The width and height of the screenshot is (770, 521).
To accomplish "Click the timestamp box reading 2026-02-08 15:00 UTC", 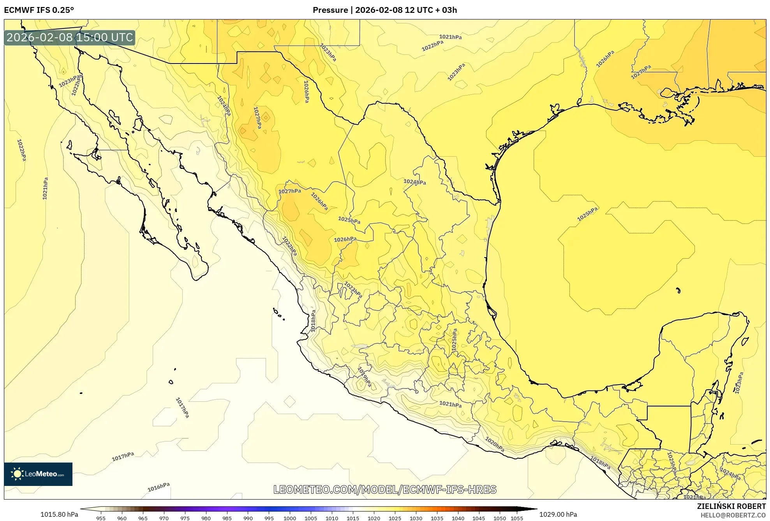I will click(x=70, y=37).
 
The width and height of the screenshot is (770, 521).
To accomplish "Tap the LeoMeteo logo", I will click(x=38, y=474).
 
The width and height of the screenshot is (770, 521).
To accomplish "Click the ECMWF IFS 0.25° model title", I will click(x=39, y=10).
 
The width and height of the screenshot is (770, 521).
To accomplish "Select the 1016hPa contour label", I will click(x=159, y=487).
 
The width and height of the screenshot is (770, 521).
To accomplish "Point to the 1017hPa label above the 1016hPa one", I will click(x=123, y=456).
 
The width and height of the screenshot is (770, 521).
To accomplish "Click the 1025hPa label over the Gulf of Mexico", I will click(x=587, y=214).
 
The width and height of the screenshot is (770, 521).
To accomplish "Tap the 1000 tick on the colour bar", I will click(x=290, y=518).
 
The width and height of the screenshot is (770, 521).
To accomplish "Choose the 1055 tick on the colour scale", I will click(x=517, y=518).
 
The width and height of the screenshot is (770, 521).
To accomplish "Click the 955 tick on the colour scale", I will click(x=101, y=518).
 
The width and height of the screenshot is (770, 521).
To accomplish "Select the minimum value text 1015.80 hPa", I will click(x=59, y=514).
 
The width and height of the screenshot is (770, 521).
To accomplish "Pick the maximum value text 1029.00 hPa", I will click(x=558, y=514).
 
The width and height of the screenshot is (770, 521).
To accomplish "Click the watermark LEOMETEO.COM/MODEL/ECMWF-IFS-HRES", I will click(x=385, y=489).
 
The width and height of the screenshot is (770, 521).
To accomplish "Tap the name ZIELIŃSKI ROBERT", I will click(x=731, y=506).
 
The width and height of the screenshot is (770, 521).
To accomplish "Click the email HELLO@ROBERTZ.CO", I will click(x=733, y=515).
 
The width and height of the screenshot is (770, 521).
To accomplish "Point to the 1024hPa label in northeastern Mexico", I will click(x=414, y=182).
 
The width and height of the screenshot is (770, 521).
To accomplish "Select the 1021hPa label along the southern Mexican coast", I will click(x=450, y=404).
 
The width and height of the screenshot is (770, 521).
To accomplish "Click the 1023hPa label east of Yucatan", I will click(x=739, y=383).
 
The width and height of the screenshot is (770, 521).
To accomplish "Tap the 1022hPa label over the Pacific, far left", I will click(x=21, y=150).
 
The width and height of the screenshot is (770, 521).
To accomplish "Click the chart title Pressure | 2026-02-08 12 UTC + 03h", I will click(x=385, y=10).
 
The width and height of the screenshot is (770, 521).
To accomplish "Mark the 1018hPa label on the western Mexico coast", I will click(x=313, y=321).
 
